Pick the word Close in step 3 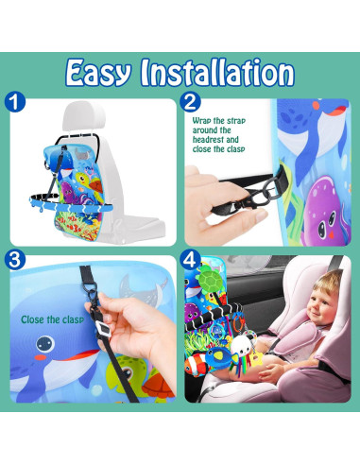pyautogui.click(x=35, y=319)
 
